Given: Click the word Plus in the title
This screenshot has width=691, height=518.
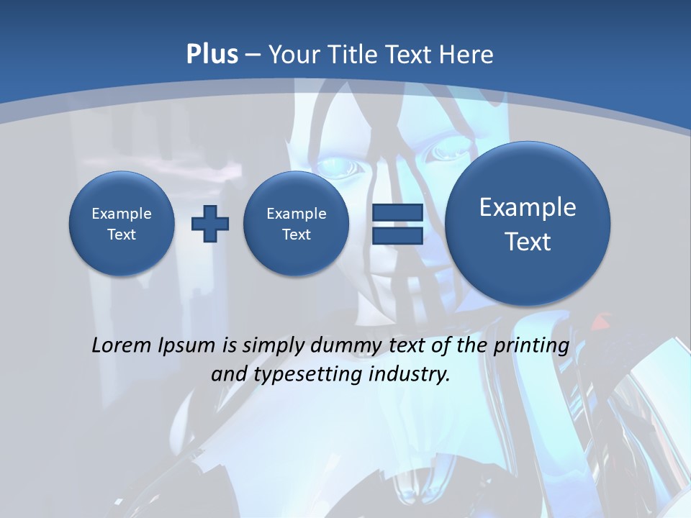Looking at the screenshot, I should (x=212, y=55).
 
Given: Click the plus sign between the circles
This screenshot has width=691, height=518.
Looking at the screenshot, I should (x=210, y=224).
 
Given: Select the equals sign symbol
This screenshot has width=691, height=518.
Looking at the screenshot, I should (x=397, y=224).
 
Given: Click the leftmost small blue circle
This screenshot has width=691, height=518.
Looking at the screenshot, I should (x=122, y=224).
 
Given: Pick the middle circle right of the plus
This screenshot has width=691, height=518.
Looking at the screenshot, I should (x=297, y=224).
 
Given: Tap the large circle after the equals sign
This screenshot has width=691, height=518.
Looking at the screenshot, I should (x=528, y=224).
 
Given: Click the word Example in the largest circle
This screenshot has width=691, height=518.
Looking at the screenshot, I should (x=528, y=207).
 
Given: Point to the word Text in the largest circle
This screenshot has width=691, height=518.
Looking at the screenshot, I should (x=528, y=242).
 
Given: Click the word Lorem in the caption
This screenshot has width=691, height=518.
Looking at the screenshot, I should (x=122, y=345).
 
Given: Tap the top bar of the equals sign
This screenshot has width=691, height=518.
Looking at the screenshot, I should (x=397, y=213).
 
